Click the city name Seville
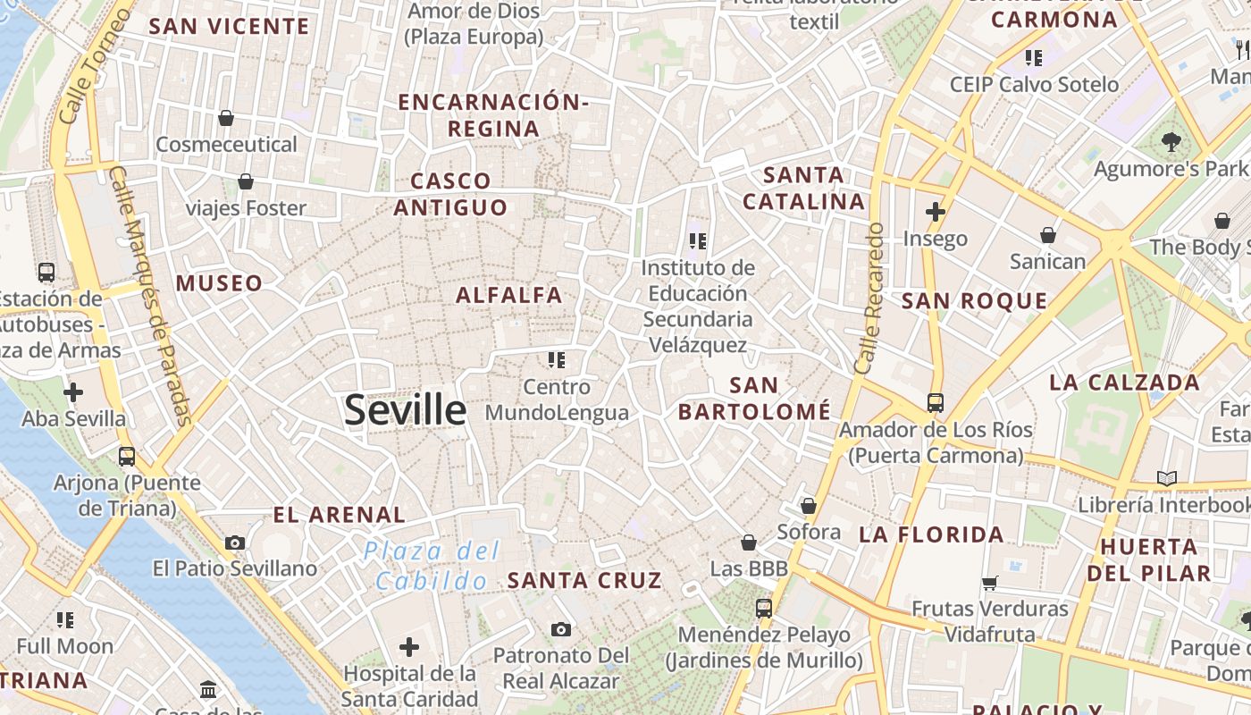[405, 410]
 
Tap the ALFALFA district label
[509, 295]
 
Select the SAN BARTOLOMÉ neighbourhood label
[754, 399]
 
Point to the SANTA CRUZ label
[584, 580]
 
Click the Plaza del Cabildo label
[431, 566]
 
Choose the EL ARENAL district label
[339, 515]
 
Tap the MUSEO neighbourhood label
[219, 284]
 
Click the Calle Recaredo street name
[869, 299]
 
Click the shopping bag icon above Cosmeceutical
[226, 118]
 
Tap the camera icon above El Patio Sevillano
[235, 543]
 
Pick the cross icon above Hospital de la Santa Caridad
[409, 646]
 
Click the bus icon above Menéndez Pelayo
[764, 609]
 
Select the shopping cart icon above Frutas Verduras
[989, 583]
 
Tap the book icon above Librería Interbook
[1166, 478]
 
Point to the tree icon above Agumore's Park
[1171, 141]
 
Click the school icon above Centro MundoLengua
[557, 360]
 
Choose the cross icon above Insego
[936, 212]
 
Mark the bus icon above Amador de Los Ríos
[936, 403]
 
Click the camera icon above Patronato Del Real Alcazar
[560, 630]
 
